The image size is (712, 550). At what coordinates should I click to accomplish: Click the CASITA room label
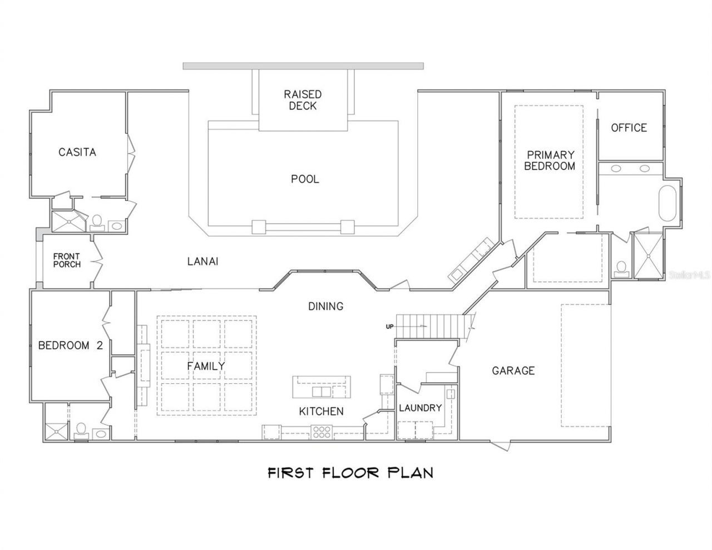pos(77,152)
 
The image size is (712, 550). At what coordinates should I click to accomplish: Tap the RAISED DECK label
pos(303,100)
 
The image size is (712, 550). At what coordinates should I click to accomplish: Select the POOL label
pos(305,179)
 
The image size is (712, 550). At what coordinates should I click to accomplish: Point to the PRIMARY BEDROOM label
pos(550,160)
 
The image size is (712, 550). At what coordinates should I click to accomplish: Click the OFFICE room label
pos(629,128)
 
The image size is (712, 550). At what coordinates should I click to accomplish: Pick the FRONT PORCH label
pos(67,260)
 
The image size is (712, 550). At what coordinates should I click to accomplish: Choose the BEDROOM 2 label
pos(70,345)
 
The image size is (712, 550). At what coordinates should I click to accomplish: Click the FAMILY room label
pos(206,366)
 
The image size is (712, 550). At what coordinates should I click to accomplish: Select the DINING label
pos(326,306)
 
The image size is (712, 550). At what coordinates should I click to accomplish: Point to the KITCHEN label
pos(321,412)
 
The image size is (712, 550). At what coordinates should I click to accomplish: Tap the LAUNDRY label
pos(421,408)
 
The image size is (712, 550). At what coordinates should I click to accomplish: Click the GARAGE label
pos(513,370)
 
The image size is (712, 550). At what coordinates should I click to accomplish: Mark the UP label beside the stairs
pos(389,326)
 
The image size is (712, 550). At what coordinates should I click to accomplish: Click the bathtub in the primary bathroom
pos(667,204)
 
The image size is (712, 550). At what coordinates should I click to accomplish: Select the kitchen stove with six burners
pos(322,431)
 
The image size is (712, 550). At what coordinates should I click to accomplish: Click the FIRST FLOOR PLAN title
pos(350,473)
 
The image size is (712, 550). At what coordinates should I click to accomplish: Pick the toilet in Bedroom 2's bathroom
pos(81,430)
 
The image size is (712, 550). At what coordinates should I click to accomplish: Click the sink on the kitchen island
pos(320,392)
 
